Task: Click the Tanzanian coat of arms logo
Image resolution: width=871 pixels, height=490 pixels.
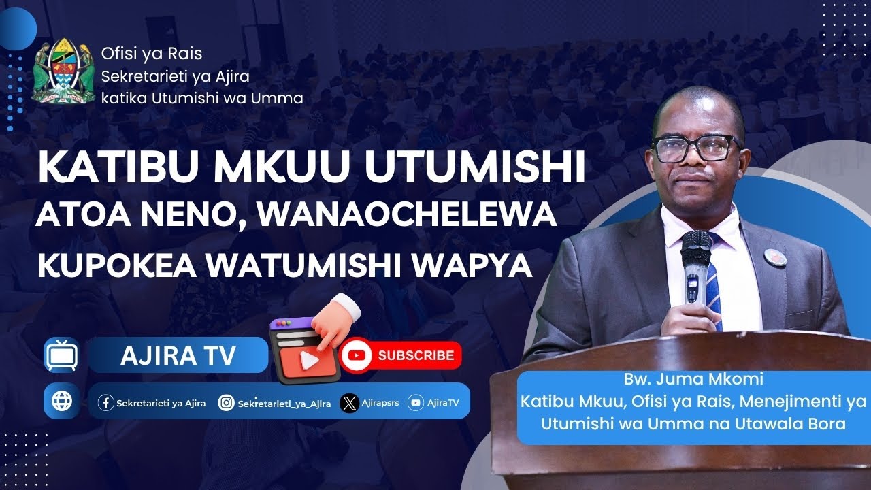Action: click(63, 71)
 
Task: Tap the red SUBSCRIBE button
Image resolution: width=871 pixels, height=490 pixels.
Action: click(401, 355)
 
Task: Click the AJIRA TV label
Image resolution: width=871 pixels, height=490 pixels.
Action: click(178, 355)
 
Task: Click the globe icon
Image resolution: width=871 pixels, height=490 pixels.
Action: click(61, 402)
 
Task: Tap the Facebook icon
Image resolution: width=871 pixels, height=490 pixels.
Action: click(106, 403)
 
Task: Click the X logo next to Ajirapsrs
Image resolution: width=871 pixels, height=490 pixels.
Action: click(349, 403)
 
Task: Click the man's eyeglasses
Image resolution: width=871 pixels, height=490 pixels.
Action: click(695, 147)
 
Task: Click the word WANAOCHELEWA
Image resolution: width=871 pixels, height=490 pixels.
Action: click(407, 216)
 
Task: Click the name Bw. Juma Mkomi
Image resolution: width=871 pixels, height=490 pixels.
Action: click(693, 380)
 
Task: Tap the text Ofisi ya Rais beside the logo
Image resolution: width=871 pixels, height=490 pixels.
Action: click(151, 54)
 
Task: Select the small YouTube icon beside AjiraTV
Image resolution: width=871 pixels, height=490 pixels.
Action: click(415, 403)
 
